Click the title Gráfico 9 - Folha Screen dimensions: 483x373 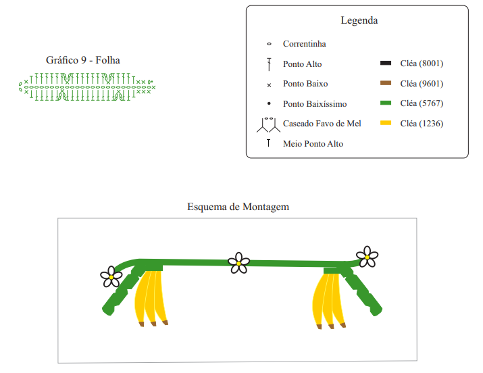83,59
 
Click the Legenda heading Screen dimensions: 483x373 359,20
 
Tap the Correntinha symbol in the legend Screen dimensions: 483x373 269,44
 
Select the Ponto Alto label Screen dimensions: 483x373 302,64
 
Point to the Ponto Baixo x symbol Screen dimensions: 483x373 269,85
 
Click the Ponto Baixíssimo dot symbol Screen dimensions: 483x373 269,103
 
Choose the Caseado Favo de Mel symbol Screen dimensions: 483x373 269,125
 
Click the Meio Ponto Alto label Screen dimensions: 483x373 313,143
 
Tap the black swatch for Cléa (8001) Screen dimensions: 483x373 386,63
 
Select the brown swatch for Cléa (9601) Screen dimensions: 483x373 386,83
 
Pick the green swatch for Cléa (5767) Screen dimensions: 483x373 386,103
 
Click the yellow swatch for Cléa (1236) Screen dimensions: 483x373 386,123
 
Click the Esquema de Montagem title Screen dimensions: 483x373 238,206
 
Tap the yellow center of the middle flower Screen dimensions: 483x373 238,264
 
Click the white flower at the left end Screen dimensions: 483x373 111,276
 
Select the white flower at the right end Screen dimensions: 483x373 367,257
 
